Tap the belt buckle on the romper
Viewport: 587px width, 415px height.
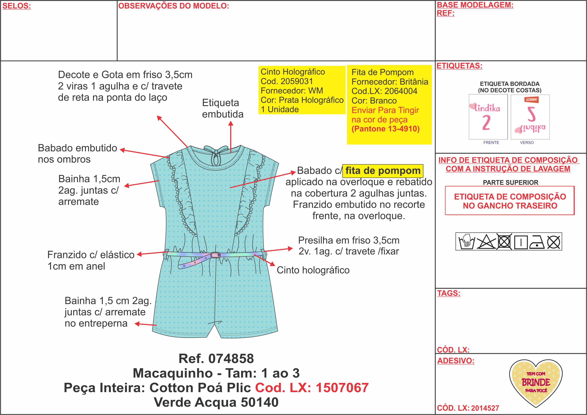215,255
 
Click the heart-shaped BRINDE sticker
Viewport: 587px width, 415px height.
536,383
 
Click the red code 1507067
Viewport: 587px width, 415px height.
342,388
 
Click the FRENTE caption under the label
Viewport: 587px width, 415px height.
491,143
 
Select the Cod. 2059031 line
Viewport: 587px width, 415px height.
287,81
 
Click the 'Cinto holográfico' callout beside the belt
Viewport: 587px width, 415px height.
313,270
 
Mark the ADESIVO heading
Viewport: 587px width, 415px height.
456,361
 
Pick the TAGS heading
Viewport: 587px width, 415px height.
448,293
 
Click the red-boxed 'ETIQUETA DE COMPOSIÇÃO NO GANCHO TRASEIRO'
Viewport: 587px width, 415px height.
510,201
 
